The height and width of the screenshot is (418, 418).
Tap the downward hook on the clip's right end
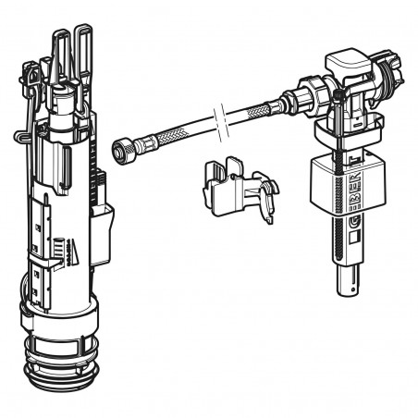click(x=267, y=208)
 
